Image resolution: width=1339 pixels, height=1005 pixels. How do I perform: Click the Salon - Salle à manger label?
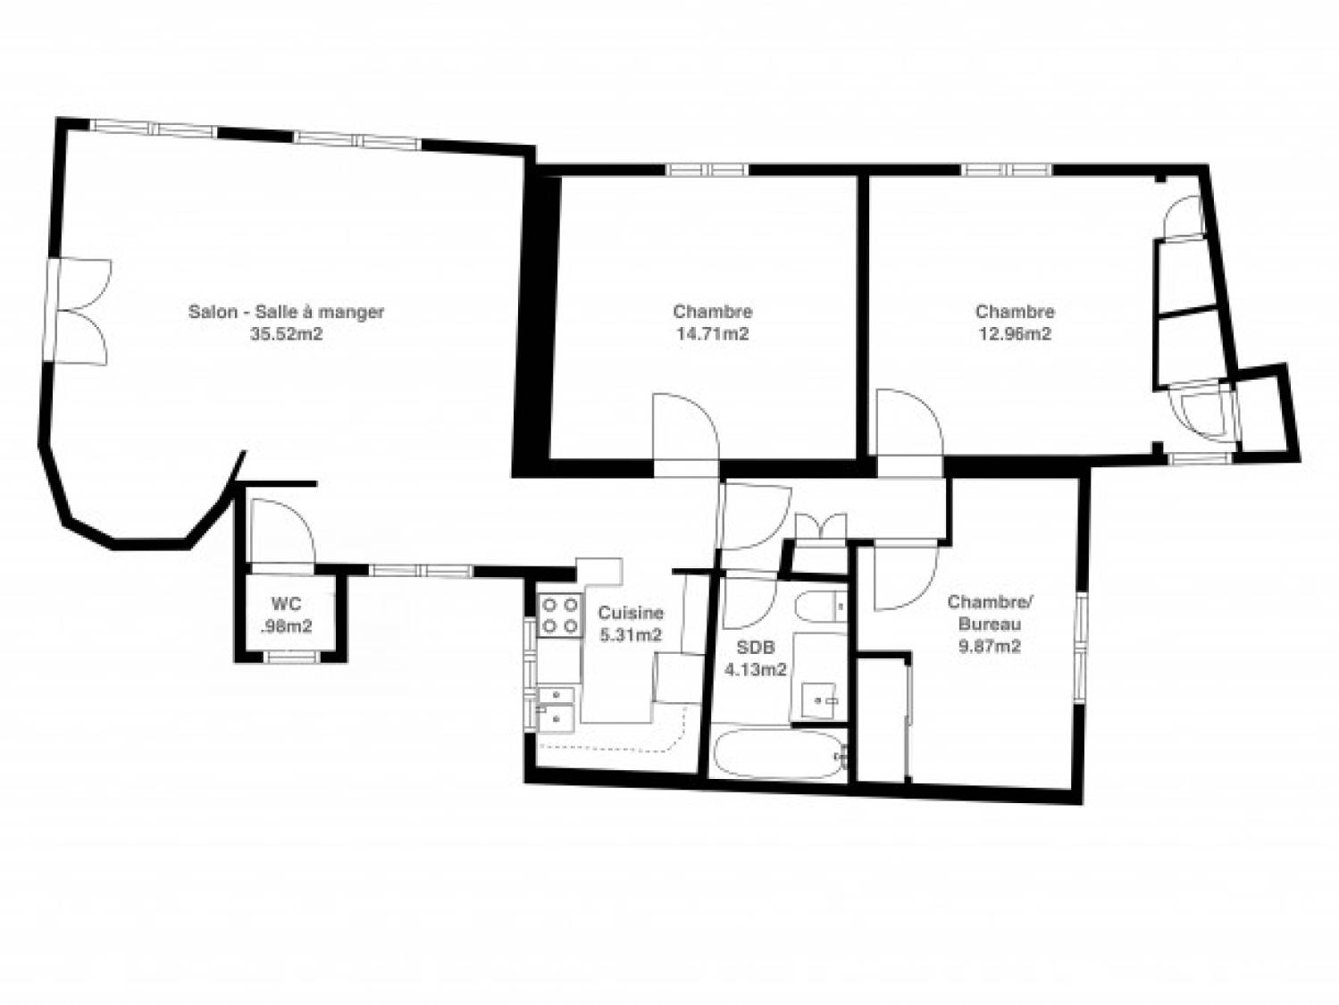click(x=286, y=312)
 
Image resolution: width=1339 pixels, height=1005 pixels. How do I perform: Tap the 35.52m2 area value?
click(x=286, y=334)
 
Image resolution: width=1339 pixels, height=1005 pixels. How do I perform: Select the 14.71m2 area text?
click(x=713, y=334)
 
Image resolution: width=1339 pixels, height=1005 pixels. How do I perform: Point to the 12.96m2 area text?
click(x=1015, y=334)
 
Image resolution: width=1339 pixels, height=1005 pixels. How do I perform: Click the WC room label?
click(x=286, y=605)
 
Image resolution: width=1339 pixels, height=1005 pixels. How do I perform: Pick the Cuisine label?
click(x=631, y=612)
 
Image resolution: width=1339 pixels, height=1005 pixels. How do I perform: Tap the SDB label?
click(x=755, y=647)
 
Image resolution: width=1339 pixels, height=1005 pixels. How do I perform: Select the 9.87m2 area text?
click(x=990, y=647)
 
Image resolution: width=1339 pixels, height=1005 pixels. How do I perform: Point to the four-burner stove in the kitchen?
click(x=558, y=616)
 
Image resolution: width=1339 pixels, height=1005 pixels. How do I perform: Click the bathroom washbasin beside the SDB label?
click(x=820, y=700)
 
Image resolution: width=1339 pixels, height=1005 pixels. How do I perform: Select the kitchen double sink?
click(x=555, y=708)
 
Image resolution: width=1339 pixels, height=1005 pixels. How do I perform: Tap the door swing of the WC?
click(x=283, y=532)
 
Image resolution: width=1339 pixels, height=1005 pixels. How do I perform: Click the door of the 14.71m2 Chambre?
click(x=686, y=427)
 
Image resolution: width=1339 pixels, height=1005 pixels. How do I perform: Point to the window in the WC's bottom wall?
click(x=292, y=657)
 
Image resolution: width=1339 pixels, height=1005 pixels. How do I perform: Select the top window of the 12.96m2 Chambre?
click(x=1007, y=170)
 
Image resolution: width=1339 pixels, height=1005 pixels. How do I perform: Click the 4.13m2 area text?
click(x=755, y=670)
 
